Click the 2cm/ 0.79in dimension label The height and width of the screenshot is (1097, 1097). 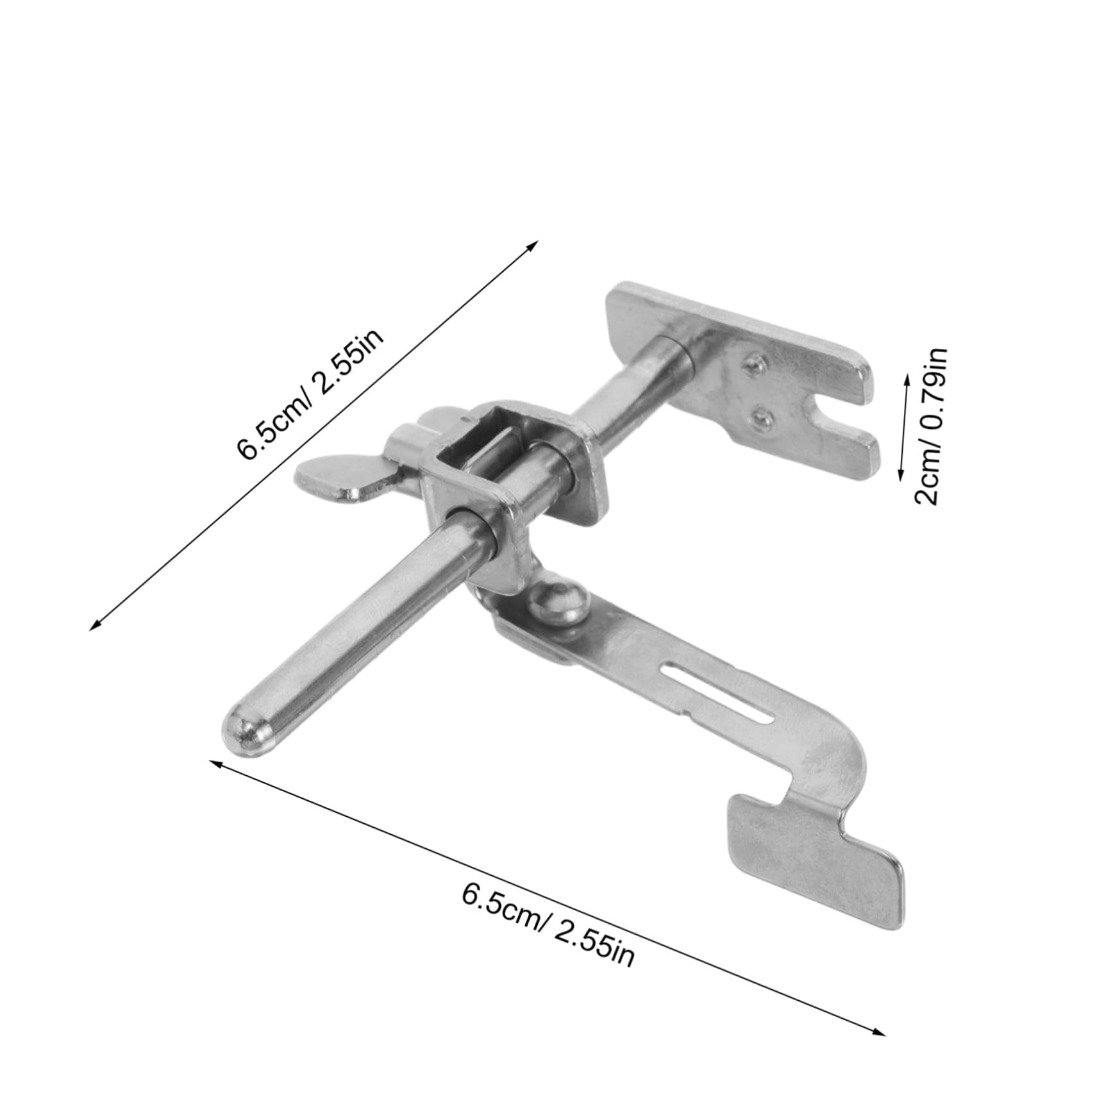click(929, 427)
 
